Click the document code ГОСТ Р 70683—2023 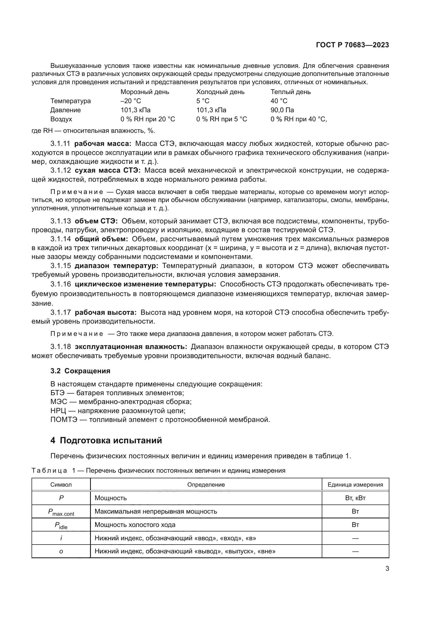352,45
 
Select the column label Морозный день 145,92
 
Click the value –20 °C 131,101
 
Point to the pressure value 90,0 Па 282,110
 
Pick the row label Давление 65,110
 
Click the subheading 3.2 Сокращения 80,371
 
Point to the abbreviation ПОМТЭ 64,420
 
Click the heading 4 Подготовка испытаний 106,440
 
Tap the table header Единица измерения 355,484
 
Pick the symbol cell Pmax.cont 61,512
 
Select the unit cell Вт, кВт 355,498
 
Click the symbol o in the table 61,551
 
